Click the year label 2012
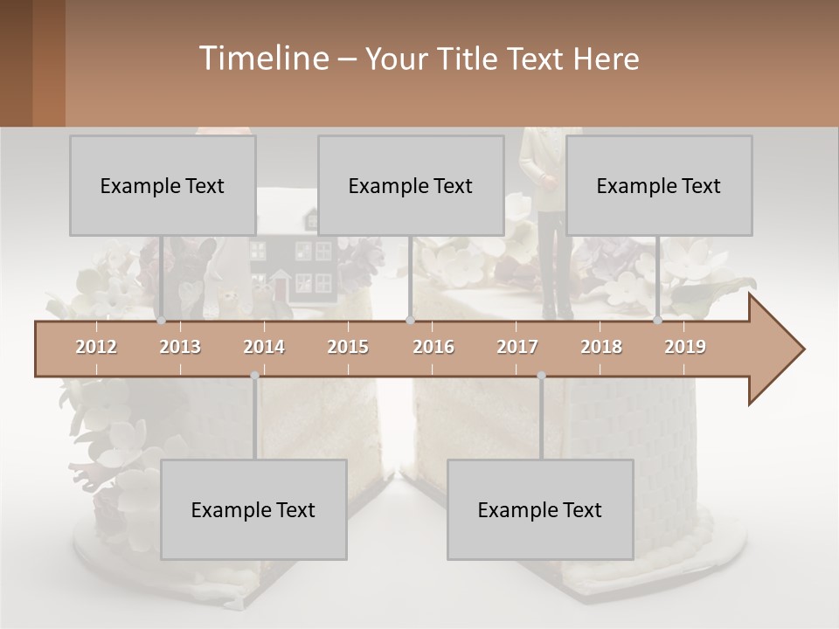click(x=96, y=347)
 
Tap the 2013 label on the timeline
click(x=180, y=347)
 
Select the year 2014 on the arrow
click(x=264, y=347)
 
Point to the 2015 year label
click(x=348, y=347)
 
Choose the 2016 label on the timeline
click(x=433, y=347)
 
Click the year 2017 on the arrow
click(x=517, y=347)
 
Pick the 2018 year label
click(x=601, y=347)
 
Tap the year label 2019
click(x=685, y=347)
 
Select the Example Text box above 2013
click(x=163, y=185)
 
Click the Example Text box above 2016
click(x=411, y=185)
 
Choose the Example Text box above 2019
click(x=659, y=185)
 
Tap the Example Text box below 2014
click(x=253, y=509)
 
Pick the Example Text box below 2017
click(x=540, y=509)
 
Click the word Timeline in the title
click(x=262, y=59)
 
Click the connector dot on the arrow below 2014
click(x=254, y=376)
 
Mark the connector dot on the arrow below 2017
click(x=541, y=376)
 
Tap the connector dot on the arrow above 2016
click(x=410, y=321)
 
